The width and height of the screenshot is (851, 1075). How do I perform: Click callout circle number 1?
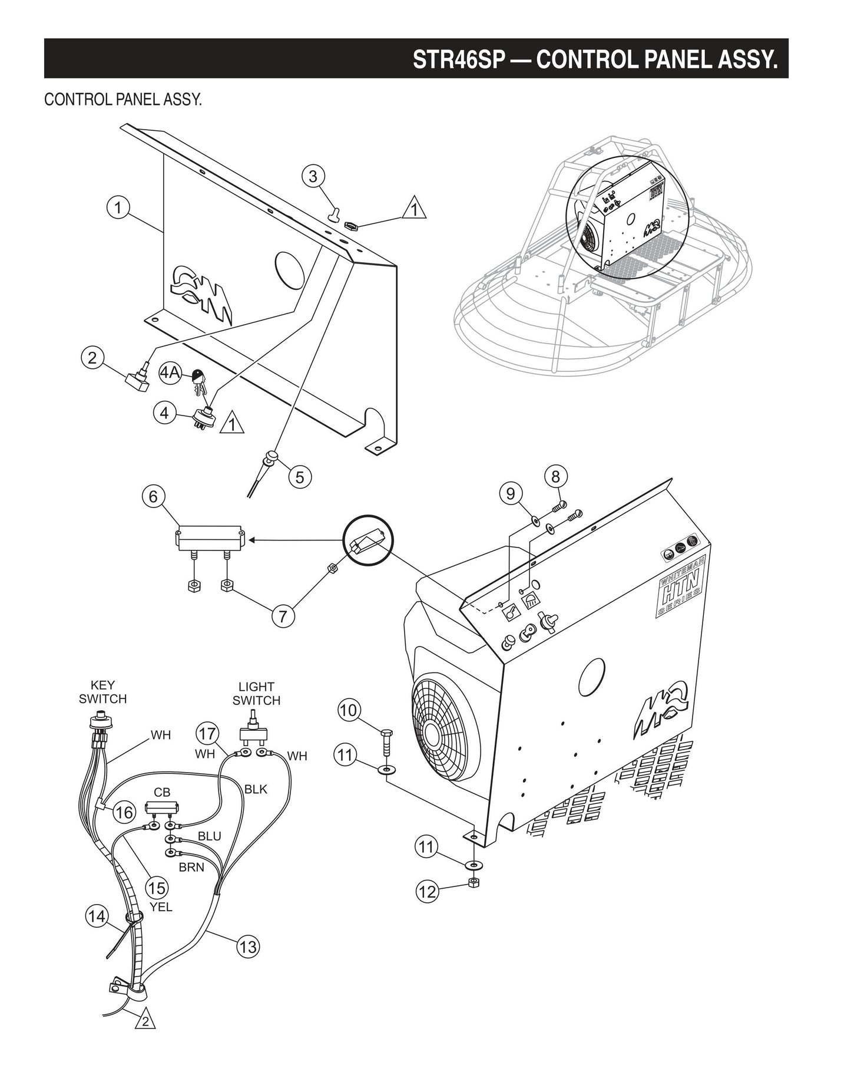[x=118, y=207]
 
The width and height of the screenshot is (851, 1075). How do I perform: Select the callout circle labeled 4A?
[x=171, y=373]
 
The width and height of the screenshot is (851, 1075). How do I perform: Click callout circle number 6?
[x=153, y=497]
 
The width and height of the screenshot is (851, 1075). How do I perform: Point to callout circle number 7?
[x=283, y=616]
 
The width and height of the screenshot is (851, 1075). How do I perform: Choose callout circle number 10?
[x=349, y=710]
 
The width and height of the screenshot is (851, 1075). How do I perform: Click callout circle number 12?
[x=428, y=891]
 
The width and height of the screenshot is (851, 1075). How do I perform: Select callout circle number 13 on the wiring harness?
[x=248, y=947]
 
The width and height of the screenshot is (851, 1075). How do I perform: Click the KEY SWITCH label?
[x=102, y=692]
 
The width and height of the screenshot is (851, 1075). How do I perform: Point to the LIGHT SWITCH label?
[x=256, y=694]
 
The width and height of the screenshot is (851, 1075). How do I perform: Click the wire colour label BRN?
[x=192, y=868]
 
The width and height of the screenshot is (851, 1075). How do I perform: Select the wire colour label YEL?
[x=161, y=907]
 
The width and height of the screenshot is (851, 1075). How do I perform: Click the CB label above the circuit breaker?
[x=162, y=792]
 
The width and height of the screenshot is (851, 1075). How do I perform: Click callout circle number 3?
[x=313, y=176]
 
